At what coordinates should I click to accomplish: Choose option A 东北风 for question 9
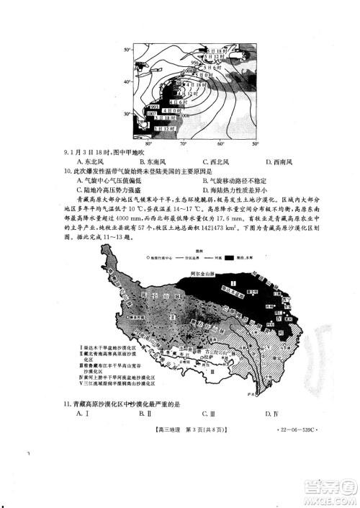[x=86, y=162]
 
